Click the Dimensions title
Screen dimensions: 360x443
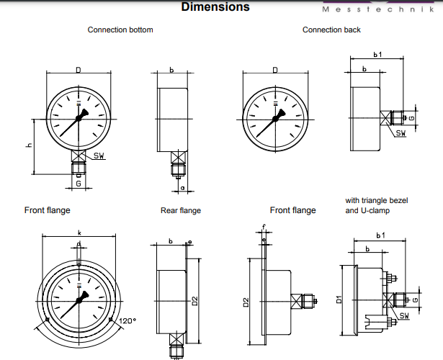point(215,7)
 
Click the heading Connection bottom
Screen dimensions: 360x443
point(120,30)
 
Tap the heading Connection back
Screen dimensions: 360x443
point(331,30)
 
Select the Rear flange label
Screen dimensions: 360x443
point(180,211)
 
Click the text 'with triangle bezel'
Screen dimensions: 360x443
point(376,200)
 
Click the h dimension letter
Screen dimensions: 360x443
point(29,145)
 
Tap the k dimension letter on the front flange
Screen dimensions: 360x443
point(79,233)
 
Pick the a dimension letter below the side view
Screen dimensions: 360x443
point(182,188)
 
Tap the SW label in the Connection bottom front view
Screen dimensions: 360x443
point(99,157)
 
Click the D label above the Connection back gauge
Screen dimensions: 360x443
point(275,70)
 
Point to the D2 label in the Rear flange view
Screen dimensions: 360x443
point(195,302)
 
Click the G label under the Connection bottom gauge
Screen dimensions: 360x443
point(78,184)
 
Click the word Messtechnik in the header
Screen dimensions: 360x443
point(382,9)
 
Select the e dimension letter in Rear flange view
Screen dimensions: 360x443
point(189,241)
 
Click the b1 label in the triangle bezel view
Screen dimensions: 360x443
point(380,235)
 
